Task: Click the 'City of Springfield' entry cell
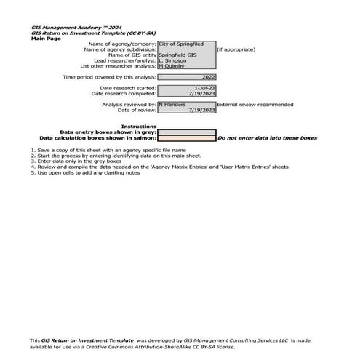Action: (x=186, y=44)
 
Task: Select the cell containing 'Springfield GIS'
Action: (x=186, y=55)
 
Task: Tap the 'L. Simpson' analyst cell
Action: (x=186, y=60)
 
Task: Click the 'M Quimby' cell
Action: (x=186, y=66)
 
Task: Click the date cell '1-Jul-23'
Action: (x=186, y=88)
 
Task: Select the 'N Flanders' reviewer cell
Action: (x=186, y=105)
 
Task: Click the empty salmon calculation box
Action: (x=186, y=137)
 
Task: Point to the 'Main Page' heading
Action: (x=46, y=39)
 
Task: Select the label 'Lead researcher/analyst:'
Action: (x=124, y=60)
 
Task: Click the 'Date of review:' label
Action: (x=137, y=110)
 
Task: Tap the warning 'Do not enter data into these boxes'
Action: (x=268, y=137)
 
